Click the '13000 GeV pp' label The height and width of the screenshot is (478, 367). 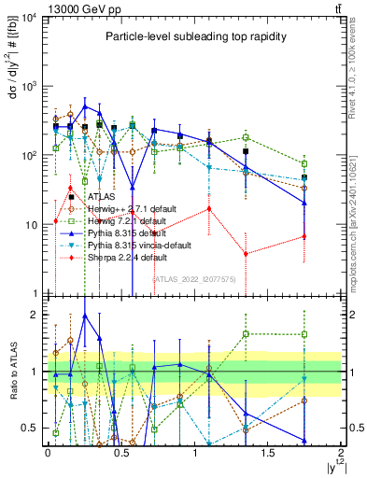pyautogui.click(x=72, y=8)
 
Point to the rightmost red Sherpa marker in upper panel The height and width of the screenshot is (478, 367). pyautogui.click(x=304, y=236)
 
